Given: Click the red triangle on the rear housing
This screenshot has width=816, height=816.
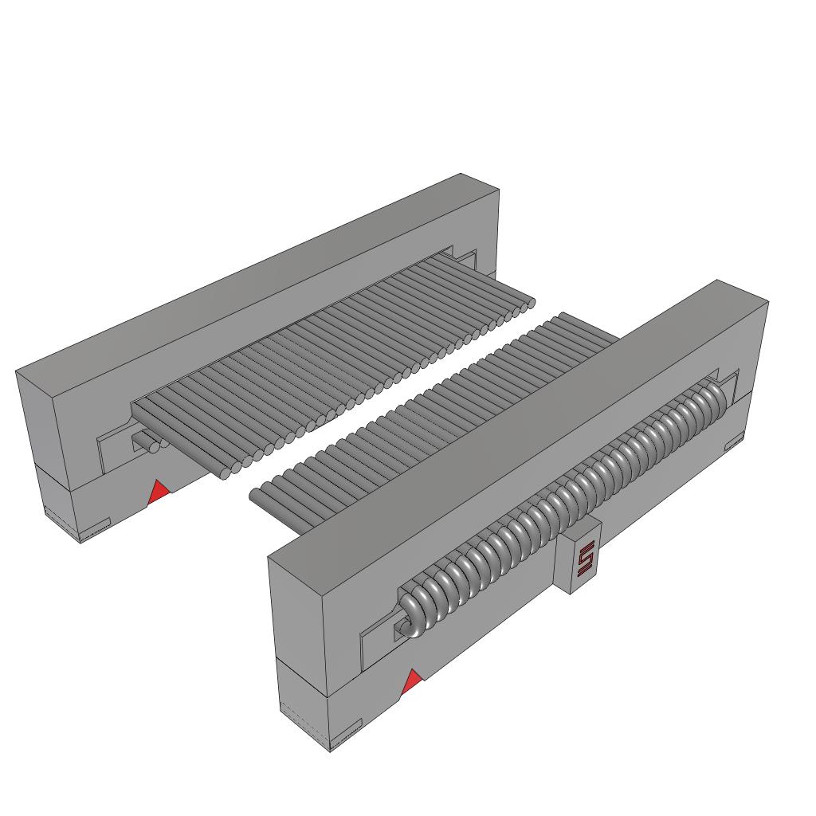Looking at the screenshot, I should tap(159, 492).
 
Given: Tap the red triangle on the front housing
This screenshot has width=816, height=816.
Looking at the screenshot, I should tap(412, 682).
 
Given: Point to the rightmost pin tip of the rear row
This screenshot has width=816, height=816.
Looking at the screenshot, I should tap(526, 303).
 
